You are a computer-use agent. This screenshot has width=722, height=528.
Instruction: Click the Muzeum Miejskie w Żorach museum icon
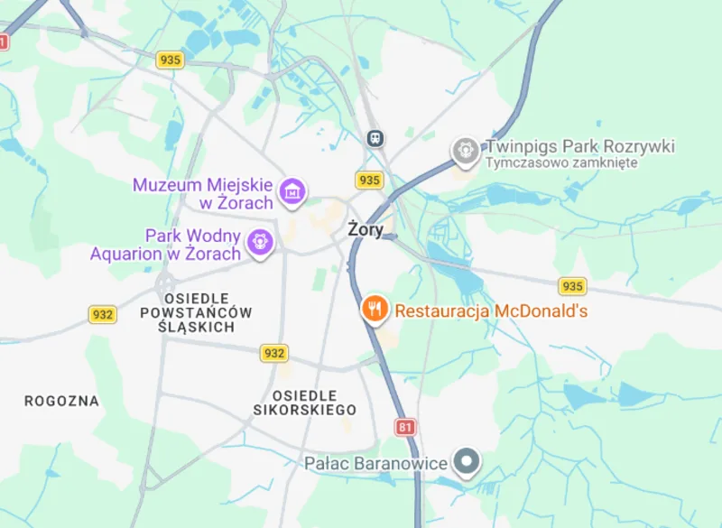click(x=292, y=191)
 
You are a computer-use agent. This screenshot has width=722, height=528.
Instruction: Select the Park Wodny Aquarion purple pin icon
click(x=261, y=243)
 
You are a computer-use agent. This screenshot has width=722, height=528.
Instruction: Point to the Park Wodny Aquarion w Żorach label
click(x=166, y=245)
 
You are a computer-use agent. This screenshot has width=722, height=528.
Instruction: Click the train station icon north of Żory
click(x=375, y=137)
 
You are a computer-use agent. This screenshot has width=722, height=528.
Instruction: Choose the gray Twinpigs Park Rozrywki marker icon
click(x=465, y=150)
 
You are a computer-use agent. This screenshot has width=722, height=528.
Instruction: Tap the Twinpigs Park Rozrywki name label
click(x=580, y=146)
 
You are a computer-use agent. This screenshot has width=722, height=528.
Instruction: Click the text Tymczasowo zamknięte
click(x=561, y=163)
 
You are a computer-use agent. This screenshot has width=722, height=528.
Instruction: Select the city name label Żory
click(x=366, y=229)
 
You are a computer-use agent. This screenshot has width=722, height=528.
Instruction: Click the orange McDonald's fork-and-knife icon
click(x=375, y=310)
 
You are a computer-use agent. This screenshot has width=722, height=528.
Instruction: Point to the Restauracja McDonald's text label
click(x=492, y=311)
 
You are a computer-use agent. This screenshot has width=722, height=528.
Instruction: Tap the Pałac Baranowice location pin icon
click(x=467, y=463)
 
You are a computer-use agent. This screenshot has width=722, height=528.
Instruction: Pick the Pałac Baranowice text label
click(x=375, y=464)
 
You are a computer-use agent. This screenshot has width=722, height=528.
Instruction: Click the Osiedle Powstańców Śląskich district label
click(x=196, y=312)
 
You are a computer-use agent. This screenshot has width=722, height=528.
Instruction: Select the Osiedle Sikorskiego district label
click(x=304, y=403)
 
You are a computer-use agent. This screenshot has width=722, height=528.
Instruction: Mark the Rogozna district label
click(x=61, y=401)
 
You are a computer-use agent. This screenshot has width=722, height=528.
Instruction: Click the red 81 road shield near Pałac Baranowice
click(x=405, y=427)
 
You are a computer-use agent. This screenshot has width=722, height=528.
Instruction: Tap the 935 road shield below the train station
click(x=369, y=180)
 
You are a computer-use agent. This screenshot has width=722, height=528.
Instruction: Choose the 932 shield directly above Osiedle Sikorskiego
click(x=273, y=353)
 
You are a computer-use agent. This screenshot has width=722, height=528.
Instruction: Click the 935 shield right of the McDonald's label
click(x=572, y=286)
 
